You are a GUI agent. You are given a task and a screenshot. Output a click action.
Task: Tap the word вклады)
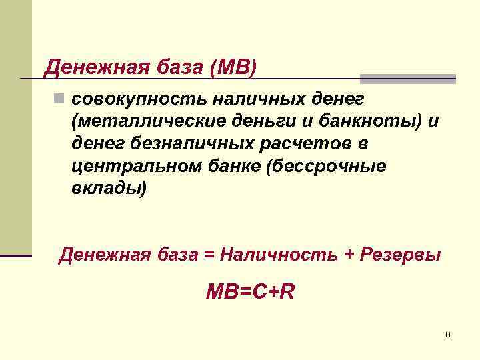pyautogui.click(x=107, y=188)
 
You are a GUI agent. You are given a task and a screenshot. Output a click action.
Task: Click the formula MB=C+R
pyautogui.click(x=250, y=292)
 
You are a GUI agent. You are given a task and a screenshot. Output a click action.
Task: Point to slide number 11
pyautogui.click(x=447, y=333)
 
